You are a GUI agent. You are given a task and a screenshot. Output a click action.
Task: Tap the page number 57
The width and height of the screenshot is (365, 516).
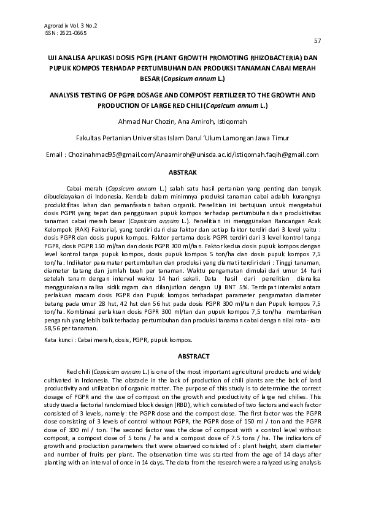click(318, 40)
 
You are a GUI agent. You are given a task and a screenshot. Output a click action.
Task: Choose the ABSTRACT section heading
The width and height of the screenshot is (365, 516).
click(182, 356)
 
